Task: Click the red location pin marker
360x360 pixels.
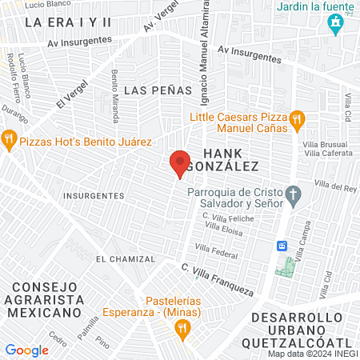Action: [x=179, y=163]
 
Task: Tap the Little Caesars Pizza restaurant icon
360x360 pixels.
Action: [x=297, y=121]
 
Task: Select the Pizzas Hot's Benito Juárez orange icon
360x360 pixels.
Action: [x=10, y=141]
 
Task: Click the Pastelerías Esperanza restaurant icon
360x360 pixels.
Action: [x=183, y=327]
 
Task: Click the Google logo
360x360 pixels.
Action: [x=26, y=350]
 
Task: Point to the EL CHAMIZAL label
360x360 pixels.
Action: [x=122, y=259]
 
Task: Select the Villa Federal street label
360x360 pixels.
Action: [x=222, y=255]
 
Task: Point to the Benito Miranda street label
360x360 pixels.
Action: [x=116, y=97]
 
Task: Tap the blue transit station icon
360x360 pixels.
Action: [x=282, y=245]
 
